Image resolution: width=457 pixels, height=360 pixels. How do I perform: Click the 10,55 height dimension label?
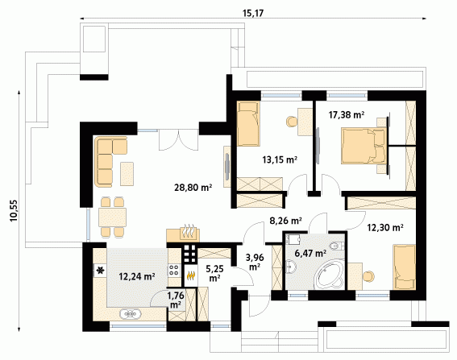pyautogui.click(x=14, y=210)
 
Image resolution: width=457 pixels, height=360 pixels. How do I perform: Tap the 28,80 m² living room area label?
pyautogui.click(x=193, y=188)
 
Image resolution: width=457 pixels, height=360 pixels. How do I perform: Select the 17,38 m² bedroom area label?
pyautogui.click(x=347, y=115)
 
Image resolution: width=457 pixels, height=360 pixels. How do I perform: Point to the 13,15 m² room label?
pyautogui.click(x=280, y=159)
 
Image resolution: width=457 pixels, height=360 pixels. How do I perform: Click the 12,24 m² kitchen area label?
pyautogui.click(x=137, y=276)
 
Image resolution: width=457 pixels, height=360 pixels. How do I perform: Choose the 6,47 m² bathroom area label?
pyautogui.click(x=310, y=254)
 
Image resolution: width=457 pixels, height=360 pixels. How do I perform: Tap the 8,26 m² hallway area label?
pyautogui.click(x=285, y=221)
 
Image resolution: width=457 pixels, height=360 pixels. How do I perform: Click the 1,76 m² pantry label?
pyautogui.click(x=176, y=300)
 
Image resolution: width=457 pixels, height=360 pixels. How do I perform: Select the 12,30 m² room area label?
pyautogui.click(x=385, y=227)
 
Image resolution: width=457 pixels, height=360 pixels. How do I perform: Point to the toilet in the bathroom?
pyautogui.click(x=338, y=246)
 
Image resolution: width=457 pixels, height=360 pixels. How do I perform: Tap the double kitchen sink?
pyautogui.click(x=130, y=314)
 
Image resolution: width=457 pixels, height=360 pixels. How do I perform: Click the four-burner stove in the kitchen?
pyautogui.click(x=174, y=270)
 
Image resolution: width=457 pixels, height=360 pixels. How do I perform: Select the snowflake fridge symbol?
pyautogui.click(x=100, y=271)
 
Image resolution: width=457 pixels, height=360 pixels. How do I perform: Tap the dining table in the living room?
pyautogui.click(x=112, y=217)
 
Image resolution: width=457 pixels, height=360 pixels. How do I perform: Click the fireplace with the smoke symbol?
pyautogui.click(x=183, y=234)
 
